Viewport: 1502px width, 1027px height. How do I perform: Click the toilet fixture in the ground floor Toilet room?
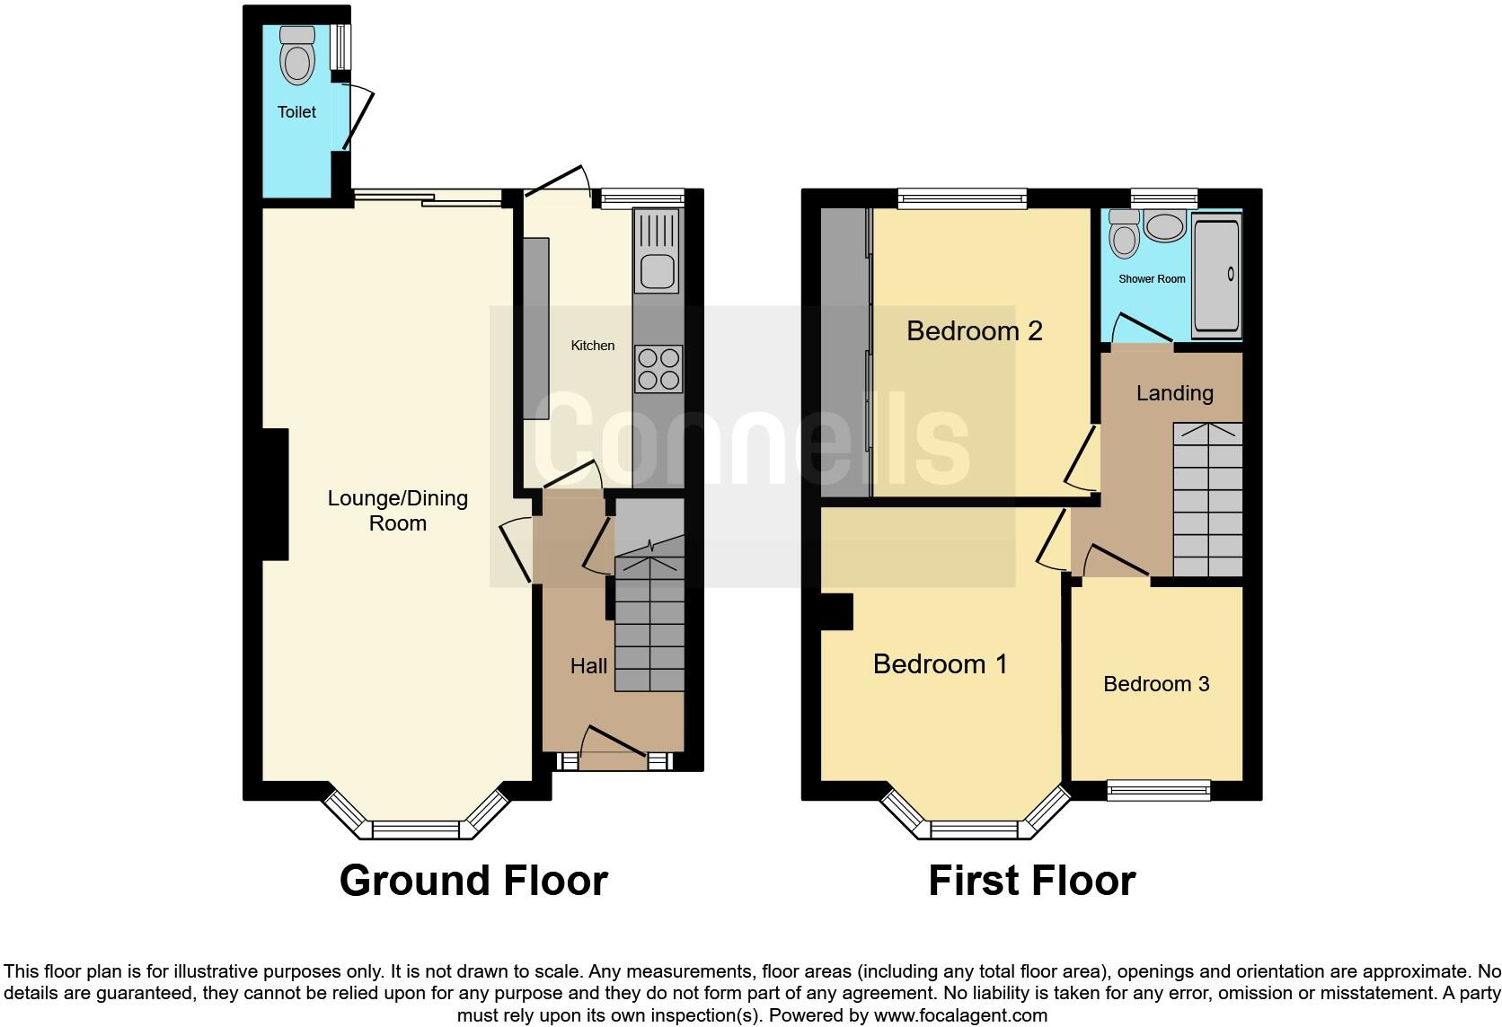pos(297,56)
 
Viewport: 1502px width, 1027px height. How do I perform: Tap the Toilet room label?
pos(296,112)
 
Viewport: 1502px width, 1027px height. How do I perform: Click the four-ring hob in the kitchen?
pos(658,369)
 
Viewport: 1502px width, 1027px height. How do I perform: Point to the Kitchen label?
pos(593,346)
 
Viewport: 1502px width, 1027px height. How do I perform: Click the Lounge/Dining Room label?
pos(397,511)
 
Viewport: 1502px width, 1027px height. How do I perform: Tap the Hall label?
pos(588,666)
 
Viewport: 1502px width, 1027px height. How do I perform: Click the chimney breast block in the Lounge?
pos(274,495)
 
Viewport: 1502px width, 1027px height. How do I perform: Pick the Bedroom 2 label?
pos(974,331)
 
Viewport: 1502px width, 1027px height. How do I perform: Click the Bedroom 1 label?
pos(940,664)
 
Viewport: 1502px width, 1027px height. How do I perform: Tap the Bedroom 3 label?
pos(1156,684)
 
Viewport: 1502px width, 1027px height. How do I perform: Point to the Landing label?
pos(1174,393)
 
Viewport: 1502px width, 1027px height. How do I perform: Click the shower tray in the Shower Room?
pos(1216,276)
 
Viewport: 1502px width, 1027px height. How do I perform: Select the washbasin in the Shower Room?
pos(1165,226)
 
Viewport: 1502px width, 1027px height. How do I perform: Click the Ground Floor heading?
pos(473,881)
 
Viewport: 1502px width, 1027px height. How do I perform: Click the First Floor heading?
pos(1031,881)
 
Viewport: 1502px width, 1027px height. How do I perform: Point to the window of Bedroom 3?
pos(1158,790)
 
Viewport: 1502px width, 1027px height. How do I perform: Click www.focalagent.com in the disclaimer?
pos(959,1016)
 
